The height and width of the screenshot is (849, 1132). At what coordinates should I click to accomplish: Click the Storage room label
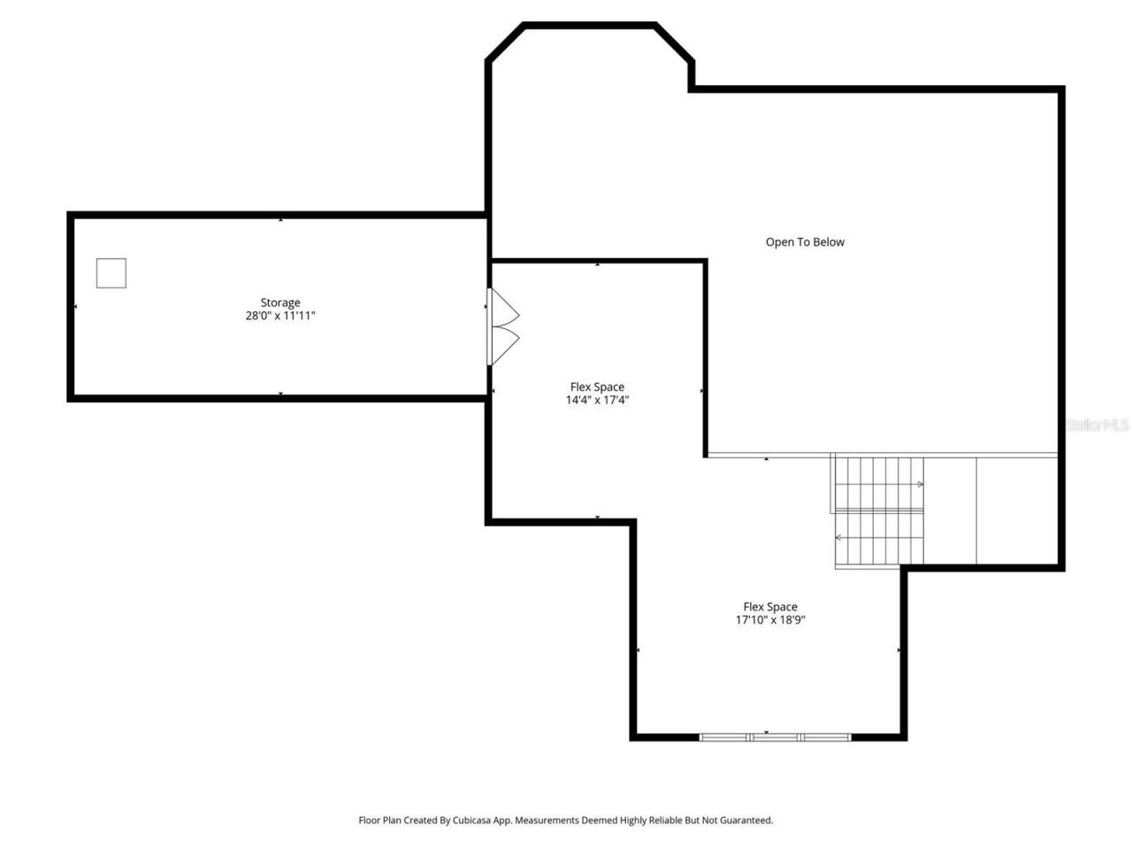point(280,302)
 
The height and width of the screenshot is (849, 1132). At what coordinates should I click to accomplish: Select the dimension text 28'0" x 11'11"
point(280,316)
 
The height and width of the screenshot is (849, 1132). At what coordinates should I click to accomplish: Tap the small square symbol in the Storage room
point(111,273)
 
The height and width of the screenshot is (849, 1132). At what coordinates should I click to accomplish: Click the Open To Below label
point(805,242)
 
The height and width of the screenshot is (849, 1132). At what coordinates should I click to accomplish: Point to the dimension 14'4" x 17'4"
point(597,400)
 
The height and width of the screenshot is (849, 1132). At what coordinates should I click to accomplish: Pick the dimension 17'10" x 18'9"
point(770,620)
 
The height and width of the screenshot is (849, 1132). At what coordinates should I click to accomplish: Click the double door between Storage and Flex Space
point(502,326)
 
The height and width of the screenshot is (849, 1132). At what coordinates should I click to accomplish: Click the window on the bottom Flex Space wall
point(775,737)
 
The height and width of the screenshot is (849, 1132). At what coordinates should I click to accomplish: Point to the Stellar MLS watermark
point(1097,425)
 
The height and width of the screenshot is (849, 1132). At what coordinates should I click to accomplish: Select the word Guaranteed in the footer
point(745,821)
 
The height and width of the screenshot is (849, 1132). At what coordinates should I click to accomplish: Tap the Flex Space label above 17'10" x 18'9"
point(770,607)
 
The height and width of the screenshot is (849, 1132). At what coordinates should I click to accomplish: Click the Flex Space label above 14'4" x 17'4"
point(597,386)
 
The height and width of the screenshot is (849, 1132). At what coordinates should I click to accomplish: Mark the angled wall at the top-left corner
point(506,42)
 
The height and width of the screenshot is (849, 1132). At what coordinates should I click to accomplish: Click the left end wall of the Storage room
point(71,307)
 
